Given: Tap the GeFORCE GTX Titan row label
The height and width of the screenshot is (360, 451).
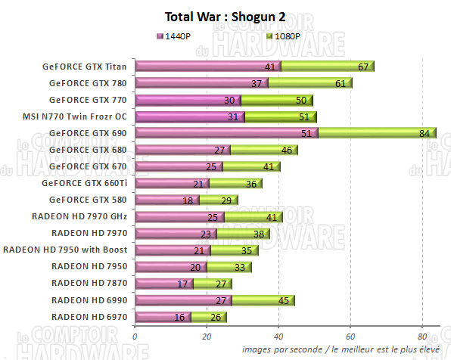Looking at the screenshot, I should tap(84, 66).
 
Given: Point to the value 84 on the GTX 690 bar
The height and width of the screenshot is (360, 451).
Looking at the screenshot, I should tap(425, 133).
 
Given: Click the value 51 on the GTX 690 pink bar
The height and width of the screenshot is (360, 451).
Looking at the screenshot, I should tap(305, 133).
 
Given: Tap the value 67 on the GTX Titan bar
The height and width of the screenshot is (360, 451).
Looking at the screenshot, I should tap(363, 66).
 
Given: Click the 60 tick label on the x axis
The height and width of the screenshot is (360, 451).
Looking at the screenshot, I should tap(350, 336).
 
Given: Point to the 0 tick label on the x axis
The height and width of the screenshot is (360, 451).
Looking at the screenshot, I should tap(135, 336).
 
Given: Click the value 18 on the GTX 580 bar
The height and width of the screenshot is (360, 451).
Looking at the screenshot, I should tap(188, 200).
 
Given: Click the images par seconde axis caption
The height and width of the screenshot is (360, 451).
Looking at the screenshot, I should tap(344, 349).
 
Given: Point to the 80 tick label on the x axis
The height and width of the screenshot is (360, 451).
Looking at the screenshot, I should tap(421, 336).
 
